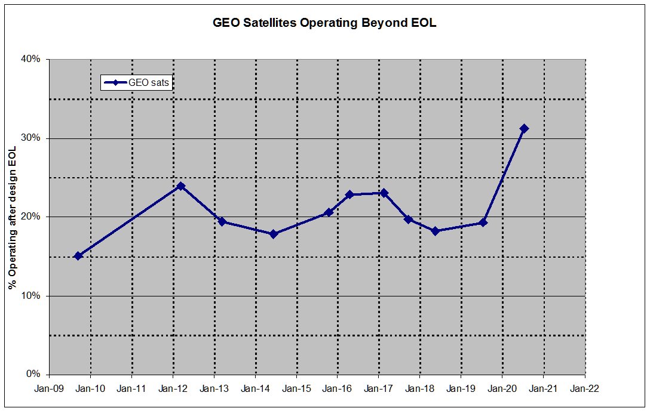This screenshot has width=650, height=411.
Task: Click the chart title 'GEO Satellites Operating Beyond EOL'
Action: click(325, 23)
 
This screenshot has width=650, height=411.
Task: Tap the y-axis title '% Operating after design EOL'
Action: click(12, 218)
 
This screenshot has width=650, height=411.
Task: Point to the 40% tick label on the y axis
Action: click(31, 59)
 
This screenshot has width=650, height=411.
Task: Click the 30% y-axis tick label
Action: click(31, 138)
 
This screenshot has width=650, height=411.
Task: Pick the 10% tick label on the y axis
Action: click(31, 296)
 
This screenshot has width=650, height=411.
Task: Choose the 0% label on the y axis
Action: click(33, 375)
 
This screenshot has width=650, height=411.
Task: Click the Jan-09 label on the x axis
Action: click(49, 388)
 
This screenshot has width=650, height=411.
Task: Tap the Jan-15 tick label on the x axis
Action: click(296, 388)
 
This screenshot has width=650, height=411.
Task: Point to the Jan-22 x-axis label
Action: click(585, 388)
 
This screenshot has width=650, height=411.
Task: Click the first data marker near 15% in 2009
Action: click(78, 256)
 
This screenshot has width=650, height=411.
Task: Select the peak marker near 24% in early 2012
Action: click(180, 186)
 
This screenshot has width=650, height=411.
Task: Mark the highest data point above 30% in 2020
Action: click(525, 128)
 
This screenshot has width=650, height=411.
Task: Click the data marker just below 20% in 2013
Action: click(222, 222)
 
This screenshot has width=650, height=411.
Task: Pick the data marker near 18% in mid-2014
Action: click(274, 234)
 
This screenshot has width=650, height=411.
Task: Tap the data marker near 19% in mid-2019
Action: click(483, 223)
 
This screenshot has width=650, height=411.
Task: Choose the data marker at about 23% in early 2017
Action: click(384, 193)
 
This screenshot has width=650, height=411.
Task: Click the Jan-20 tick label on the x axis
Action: click(502, 388)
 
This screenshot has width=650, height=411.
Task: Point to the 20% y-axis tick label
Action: click(31, 217)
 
